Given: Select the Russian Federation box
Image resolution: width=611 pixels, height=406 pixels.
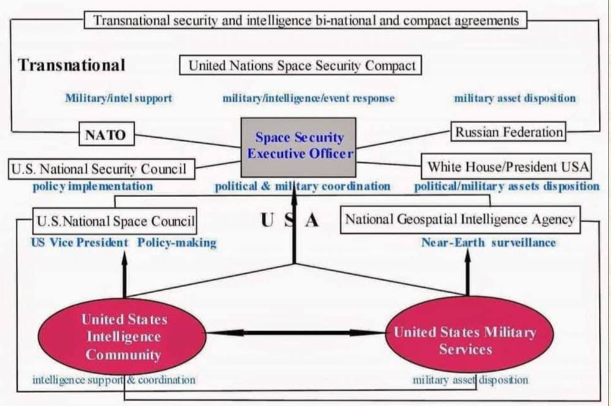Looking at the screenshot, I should (509, 131).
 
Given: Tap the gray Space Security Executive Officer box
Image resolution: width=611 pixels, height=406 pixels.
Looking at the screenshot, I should (299, 146).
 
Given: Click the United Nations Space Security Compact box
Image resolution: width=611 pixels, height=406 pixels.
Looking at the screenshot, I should (301, 66).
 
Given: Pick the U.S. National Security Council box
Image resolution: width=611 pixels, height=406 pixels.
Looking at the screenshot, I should (102, 168).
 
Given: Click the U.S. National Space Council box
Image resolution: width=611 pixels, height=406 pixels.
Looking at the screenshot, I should (115, 220).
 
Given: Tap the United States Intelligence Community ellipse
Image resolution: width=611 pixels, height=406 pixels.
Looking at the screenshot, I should (124, 336).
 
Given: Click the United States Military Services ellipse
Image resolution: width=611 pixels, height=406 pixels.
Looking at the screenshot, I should (465, 340).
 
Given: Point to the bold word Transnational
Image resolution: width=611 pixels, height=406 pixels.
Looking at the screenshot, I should (72, 65).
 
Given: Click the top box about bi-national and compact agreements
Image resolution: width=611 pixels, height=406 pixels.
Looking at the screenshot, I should (305, 20).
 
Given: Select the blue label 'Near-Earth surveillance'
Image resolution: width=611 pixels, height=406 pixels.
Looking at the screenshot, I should (488, 242).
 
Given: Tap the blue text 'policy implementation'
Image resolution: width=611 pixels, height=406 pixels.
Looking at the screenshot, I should (92, 186).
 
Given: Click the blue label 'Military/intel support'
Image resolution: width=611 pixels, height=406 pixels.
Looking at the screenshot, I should (118, 97).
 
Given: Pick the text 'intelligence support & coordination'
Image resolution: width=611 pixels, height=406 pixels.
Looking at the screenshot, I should (114, 380).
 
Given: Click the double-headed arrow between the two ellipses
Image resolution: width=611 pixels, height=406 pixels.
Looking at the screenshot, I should (297, 333).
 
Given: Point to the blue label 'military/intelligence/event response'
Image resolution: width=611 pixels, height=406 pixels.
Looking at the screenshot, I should (308, 98).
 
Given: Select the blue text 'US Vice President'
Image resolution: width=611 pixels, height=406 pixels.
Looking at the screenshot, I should (80, 242).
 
